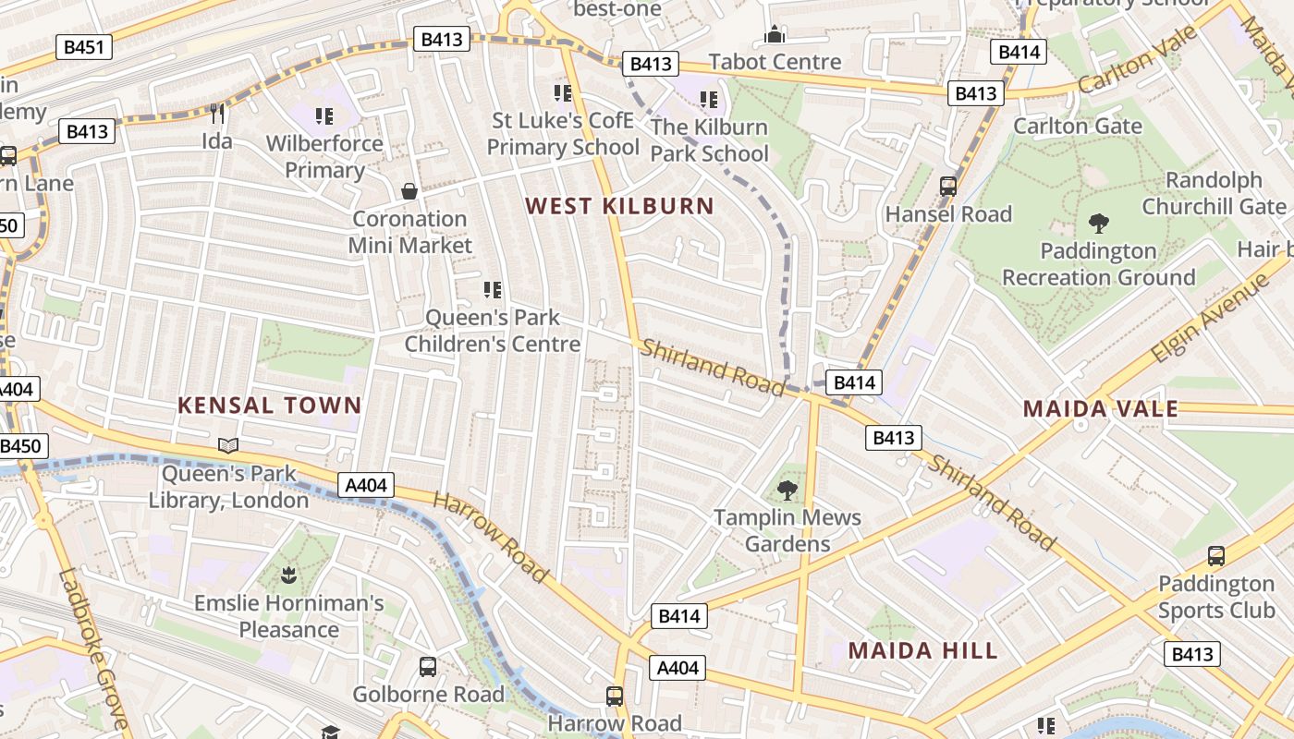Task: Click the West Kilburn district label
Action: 620,206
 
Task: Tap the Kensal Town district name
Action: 269,405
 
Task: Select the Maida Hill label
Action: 923,650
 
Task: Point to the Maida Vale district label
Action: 1100,408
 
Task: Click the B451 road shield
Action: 84,47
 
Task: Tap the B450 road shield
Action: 20,447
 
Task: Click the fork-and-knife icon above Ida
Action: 217,114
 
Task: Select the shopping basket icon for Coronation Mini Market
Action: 409,191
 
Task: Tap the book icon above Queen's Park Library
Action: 228,446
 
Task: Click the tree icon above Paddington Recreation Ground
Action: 1099,223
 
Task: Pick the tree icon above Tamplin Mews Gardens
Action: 787,490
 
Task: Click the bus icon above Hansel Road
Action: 948,186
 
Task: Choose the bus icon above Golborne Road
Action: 428,666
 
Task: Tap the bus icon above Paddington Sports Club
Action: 1216,556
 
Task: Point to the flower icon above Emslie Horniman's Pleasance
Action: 288,576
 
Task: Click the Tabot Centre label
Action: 775,62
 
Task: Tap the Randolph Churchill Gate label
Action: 1214,193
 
